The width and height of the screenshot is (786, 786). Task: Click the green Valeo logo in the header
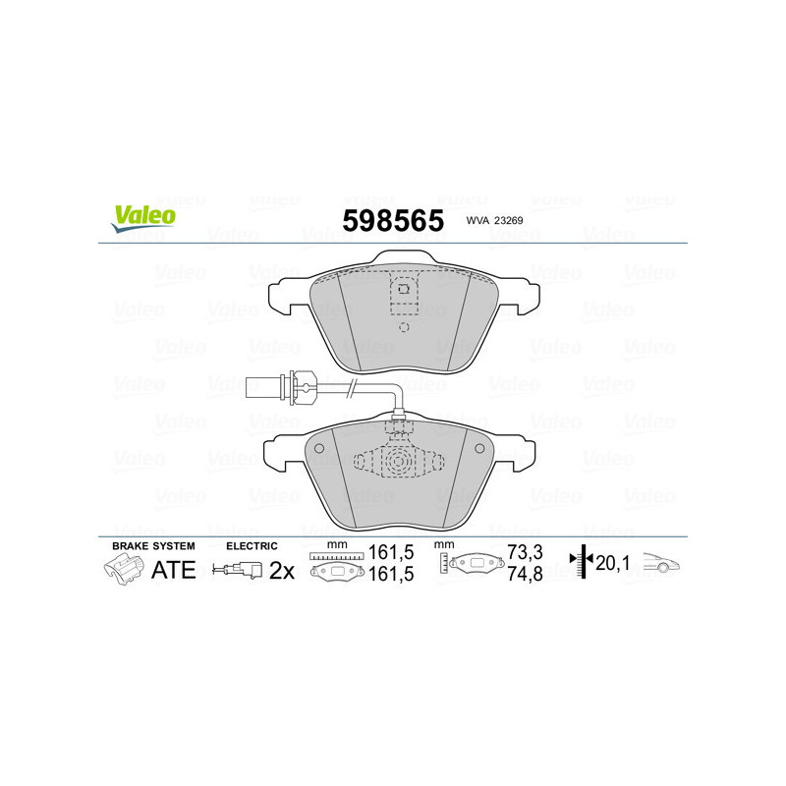[143, 218]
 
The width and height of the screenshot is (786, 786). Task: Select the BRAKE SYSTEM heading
[153, 545]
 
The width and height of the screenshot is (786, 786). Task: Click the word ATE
[174, 569]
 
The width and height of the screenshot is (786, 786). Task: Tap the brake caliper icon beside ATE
[125, 569]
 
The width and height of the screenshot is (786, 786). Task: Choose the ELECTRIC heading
[252, 545]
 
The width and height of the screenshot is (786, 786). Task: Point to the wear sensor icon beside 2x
[238, 569]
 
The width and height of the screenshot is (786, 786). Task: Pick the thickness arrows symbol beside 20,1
[583, 562]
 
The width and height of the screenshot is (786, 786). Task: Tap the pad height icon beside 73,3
[475, 564]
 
